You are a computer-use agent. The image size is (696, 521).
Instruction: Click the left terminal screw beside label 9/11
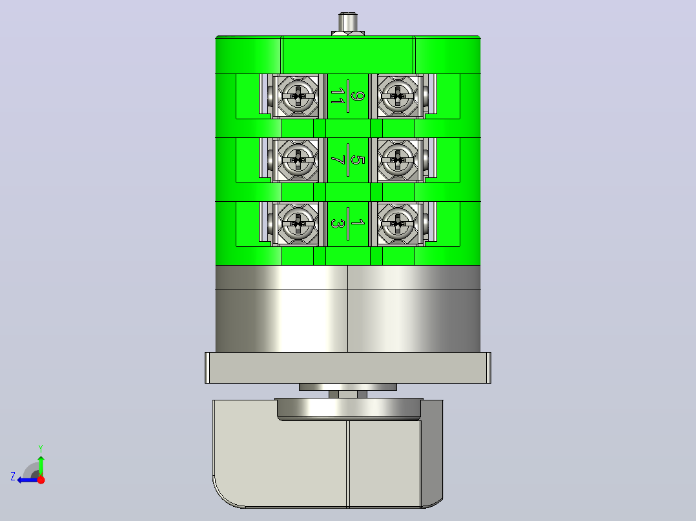298,96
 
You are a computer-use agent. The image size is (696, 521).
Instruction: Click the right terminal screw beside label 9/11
398,96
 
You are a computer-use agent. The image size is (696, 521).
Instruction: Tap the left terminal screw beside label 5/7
298,160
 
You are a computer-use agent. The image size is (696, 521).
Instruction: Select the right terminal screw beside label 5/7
398,160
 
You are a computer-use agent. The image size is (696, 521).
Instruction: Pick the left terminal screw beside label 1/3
298,224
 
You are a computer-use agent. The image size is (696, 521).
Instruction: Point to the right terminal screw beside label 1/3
398,224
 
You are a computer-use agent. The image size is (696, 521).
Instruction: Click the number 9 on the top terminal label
357,96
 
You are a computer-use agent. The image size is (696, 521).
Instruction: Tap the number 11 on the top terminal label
338,96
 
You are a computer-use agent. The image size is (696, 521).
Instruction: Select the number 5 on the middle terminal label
357,160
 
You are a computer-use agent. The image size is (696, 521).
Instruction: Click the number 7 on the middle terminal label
338,160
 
